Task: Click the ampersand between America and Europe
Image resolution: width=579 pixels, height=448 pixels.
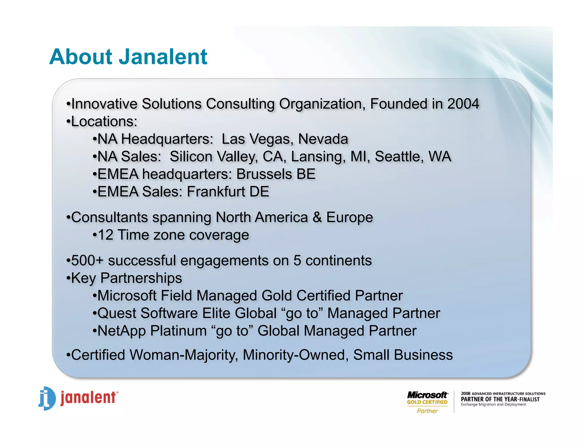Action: click(317, 217)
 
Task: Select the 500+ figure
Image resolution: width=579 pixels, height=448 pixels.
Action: click(87, 261)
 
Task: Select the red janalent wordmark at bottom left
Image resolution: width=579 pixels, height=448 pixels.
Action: click(88, 398)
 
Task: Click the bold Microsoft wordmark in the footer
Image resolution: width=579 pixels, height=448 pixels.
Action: click(427, 395)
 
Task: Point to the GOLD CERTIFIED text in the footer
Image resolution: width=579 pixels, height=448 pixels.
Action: click(427, 402)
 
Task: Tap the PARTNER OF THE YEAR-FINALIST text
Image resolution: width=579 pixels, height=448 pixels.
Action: click(500, 399)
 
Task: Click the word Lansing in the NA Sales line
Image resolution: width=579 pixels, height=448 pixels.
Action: click(318, 157)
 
